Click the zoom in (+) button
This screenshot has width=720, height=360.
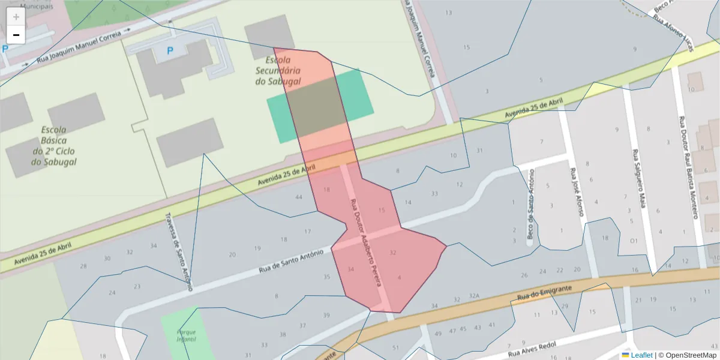pos(16,17)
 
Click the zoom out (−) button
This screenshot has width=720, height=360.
pos(16,35)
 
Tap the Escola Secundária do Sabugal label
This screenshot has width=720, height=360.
pos(278,71)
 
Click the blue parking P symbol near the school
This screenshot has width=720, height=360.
pos(170,52)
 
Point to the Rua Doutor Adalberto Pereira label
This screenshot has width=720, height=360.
pos(366,242)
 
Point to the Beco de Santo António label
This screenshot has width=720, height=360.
pos(530,204)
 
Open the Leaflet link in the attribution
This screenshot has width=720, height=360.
pos(641,355)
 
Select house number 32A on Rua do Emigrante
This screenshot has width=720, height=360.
pos(475,296)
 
